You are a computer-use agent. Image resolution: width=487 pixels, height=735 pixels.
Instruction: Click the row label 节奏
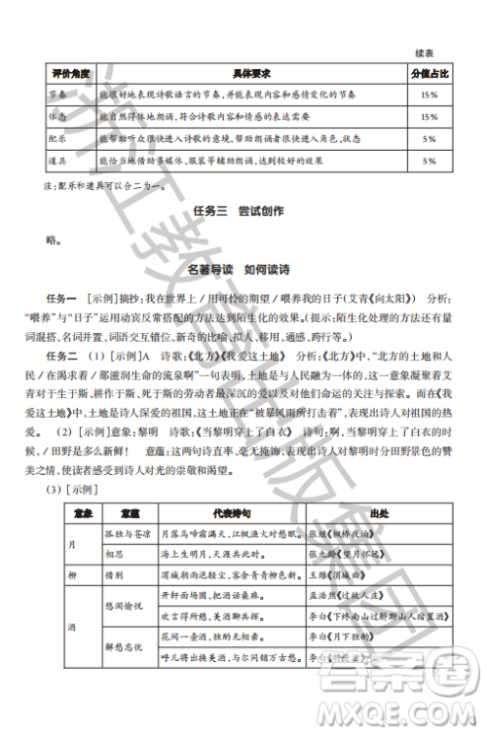(x=56, y=95)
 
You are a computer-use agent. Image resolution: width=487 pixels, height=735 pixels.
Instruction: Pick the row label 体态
(x=56, y=117)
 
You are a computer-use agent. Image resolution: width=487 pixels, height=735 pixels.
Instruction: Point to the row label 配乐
(x=56, y=138)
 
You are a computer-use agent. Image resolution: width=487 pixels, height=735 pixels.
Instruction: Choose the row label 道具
(x=56, y=160)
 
